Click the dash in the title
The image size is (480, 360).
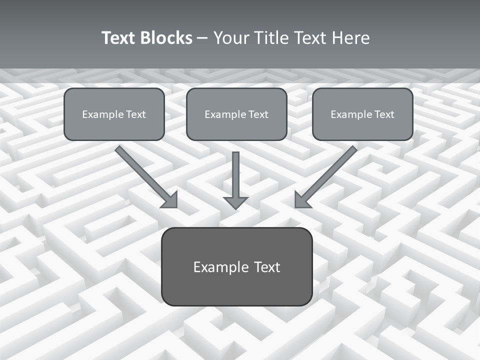click(x=202, y=38)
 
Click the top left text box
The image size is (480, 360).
click(x=114, y=114)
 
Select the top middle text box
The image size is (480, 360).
click(x=236, y=114)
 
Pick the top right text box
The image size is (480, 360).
click(x=362, y=114)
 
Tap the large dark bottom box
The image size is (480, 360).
click(x=236, y=266)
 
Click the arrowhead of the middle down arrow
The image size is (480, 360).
click(x=235, y=202)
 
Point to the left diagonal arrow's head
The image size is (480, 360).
click(x=170, y=200)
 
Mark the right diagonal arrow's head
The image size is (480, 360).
click(x=301, y=200)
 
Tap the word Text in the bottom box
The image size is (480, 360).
click(x=267, y=267)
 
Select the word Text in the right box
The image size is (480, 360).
click(x=384, y=114)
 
